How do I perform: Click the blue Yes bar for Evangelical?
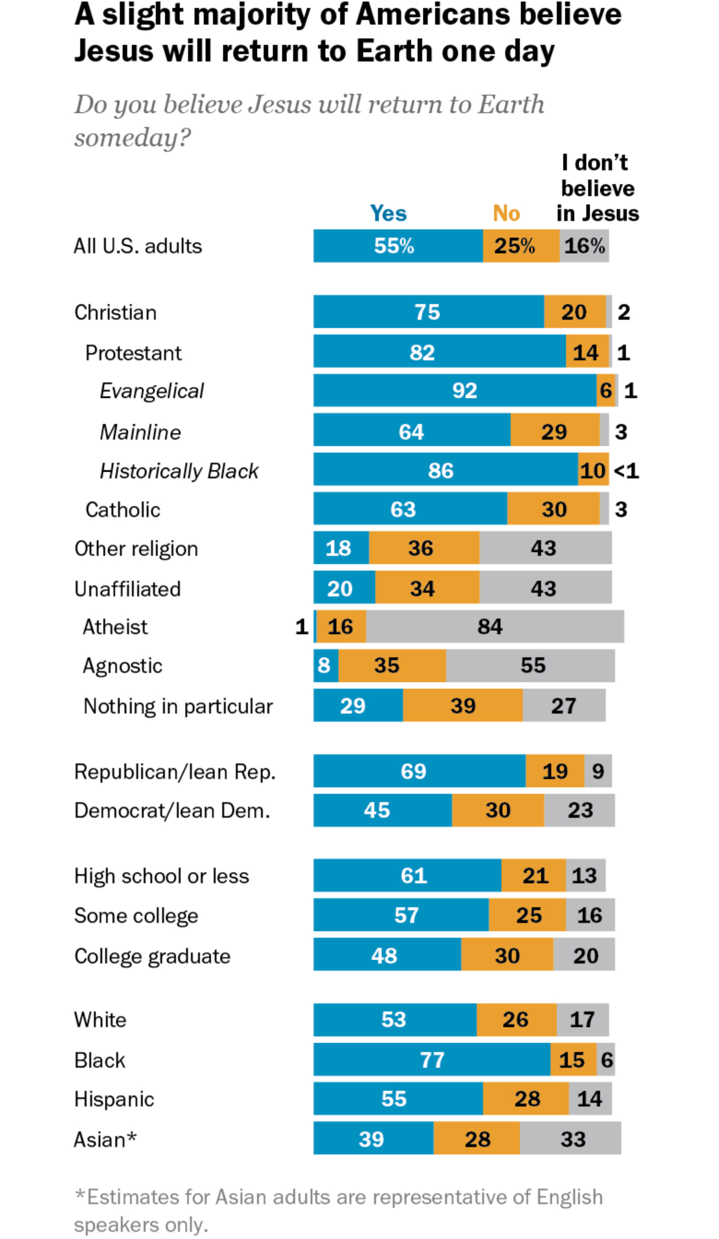pos(455,390)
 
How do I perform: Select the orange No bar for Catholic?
pos(553,509)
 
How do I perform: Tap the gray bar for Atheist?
pos(495,627)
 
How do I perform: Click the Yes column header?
pos(388,213)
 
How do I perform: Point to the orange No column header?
pos(506,213)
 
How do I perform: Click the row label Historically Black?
pos(179,471)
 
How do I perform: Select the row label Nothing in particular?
pos(178,706)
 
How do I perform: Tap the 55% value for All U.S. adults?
pos(394,246)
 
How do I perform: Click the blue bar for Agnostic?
pos(326,665)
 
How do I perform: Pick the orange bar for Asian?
pos(477,1139)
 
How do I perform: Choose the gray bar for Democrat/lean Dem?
pos(580,810)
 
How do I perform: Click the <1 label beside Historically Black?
pos(626,471)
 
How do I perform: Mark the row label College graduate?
pos(152,956)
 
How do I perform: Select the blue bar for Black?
pos(431,1059)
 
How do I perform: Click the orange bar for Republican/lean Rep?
pos(555,771)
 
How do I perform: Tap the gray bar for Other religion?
pos(545,548)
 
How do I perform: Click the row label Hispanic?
pos(114,1099)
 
